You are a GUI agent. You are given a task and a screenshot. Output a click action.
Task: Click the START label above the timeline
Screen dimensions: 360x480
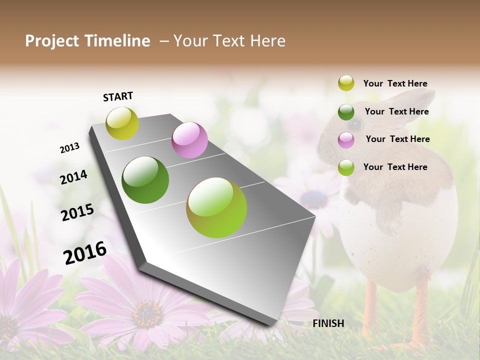(x=118, y=96)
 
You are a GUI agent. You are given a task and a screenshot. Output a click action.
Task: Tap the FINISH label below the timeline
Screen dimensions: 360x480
(x=328, y=323)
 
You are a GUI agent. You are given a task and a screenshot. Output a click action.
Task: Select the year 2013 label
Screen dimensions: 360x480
(x=69, y=148)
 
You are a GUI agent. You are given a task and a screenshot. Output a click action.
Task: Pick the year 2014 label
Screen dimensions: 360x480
(x=73, y=177)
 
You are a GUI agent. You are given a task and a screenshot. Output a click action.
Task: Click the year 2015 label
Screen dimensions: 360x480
(x=77, y=212)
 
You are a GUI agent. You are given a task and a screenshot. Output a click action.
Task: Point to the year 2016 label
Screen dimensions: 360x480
(x=85, y=253)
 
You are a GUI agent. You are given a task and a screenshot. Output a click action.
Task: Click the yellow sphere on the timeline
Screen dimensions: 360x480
(x=122, y=123)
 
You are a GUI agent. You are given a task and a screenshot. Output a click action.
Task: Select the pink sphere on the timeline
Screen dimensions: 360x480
(x=189, y=139)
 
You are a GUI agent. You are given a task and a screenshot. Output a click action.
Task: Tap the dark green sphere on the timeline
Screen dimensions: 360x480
(x=145, y=179)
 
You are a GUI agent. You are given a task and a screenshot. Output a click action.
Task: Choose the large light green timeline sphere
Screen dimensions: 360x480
(x=216, y=207)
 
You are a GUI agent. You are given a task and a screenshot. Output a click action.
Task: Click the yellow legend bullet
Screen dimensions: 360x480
(x=346, y=83)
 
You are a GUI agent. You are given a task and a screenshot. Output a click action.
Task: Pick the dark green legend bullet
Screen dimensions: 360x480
(x=346, y=111)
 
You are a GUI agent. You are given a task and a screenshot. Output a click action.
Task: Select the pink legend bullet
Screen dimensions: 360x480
(x=346, y=139)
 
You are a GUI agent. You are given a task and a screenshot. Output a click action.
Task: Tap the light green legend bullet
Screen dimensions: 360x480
(x=346, y=167)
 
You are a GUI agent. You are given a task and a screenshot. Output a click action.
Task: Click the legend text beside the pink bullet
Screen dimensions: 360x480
(x=397, y=139)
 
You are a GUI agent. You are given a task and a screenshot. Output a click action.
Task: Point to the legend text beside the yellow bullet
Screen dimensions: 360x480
(x=395, y=83)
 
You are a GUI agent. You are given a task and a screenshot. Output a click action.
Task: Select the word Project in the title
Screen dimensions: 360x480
(x=50, y=41)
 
